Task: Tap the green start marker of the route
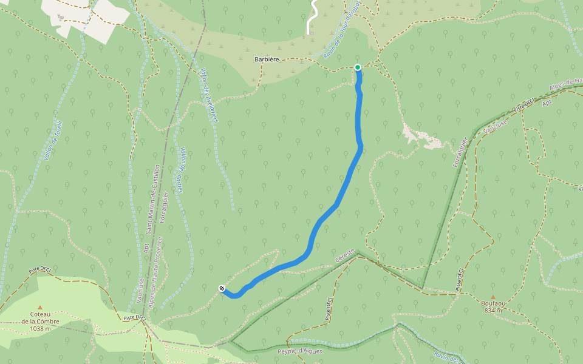pyautogui.click(x=358, y=67)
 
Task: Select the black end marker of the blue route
pyautogui.click(x=222, y=289)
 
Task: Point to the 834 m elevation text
pyautogui.click(x=493, y=310)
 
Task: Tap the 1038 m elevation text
pyautogui.click(x=40, y=329)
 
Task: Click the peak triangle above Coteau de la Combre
pyautogui.click(x=40, y=307)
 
